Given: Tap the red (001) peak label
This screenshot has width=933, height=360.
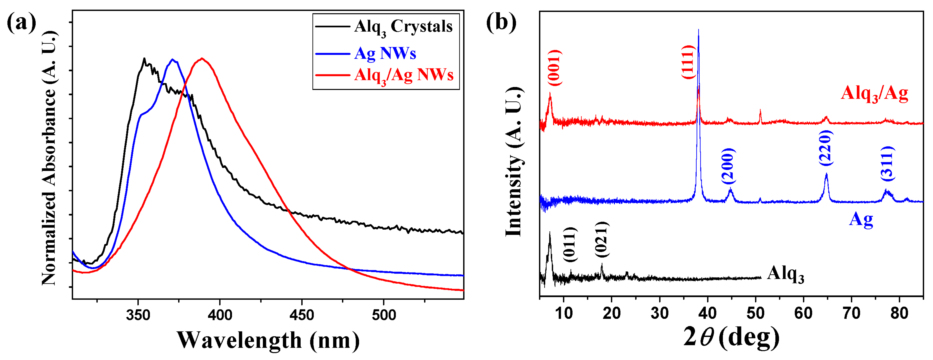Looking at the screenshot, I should (x=554, y=68).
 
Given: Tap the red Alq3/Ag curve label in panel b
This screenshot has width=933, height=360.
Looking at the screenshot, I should (x=874, y=93).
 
